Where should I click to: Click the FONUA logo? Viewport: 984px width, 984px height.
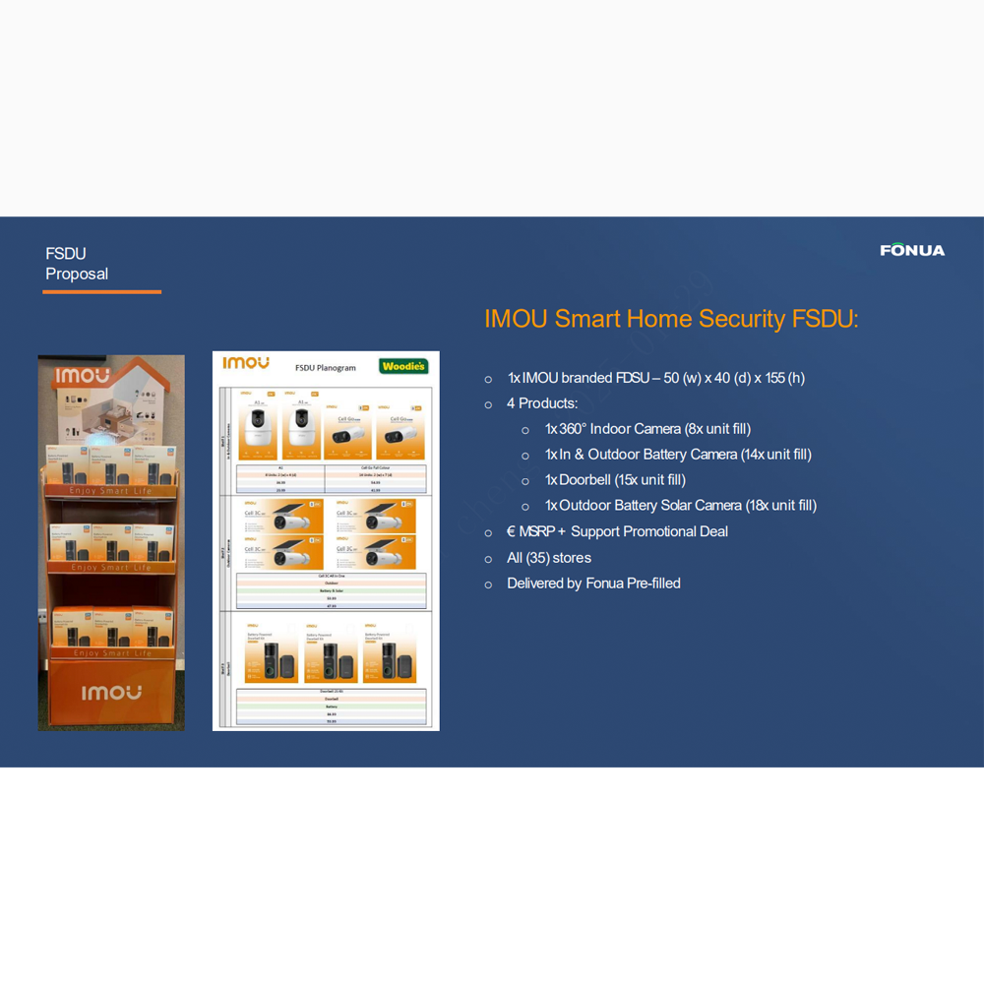click(912, 250)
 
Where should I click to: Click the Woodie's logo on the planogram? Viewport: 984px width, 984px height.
click(403, 366)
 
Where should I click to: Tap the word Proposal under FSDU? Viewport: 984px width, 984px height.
click(77, 274)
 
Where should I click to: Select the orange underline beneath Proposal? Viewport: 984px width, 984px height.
click(101, 291)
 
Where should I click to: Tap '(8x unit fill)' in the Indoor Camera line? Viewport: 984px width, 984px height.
click(717, 429)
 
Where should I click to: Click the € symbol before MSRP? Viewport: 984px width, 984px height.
click(512, 532)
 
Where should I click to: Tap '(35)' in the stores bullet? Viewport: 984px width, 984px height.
click(537, 558)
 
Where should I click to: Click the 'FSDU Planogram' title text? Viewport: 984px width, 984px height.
click(326, 368)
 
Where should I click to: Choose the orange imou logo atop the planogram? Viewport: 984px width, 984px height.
click(246, 363)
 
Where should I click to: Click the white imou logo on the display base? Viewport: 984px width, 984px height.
click(111, 693)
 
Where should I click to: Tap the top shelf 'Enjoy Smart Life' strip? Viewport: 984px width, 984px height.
click(111, 491)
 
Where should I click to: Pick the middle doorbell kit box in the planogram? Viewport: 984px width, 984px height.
click(331, 651)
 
